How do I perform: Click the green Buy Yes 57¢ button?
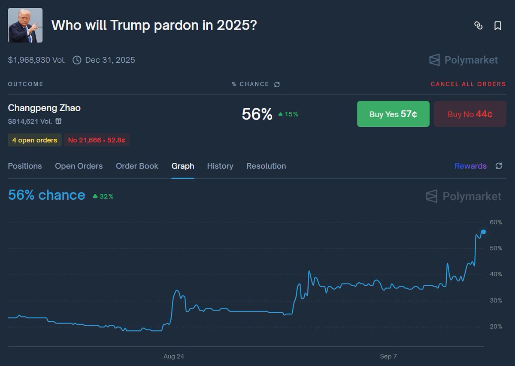coord(393,114)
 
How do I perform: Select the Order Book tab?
coord(137,166)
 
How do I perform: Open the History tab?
coord(220,166)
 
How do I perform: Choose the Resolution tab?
coord(266,166)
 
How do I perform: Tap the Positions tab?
coord(25,166)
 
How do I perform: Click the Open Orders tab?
coord(79,166)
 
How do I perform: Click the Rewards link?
coord(470,166)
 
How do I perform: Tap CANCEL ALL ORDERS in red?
coord(468,84)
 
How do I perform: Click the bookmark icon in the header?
coord(498,26)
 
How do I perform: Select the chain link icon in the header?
coord(478,26)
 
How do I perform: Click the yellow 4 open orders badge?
coord(35,140)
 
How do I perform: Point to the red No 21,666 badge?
coord(97,140)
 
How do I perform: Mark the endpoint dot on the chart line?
coord(484,232)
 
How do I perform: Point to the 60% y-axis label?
coord(496,222)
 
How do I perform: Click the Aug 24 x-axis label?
coord(174,356)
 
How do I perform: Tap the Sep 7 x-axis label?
coord(388,356)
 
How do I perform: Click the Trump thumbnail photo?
coord(25,25)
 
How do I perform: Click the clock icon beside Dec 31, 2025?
coord(77,60)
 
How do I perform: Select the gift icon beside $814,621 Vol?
coord(58,121)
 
